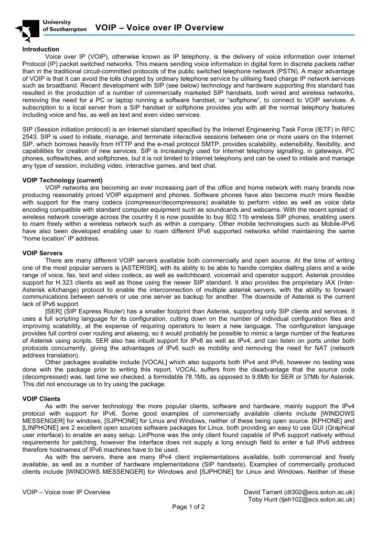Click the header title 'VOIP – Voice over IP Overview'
[x=159, y=28]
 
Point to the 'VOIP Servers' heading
[x=42, y=253]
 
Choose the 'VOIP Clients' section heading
[x=41, y=398]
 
